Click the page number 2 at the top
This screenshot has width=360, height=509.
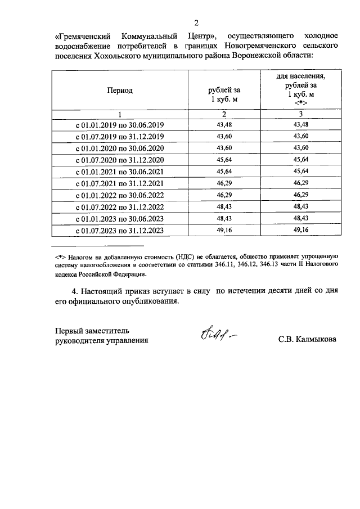pos(196,23)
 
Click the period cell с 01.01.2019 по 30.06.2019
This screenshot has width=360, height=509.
pos(119,125)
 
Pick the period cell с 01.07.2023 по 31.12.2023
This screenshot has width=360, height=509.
pos(119,231)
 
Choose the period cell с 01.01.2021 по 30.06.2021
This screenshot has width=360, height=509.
pos(119,172)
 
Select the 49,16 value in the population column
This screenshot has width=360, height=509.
pos(301,231)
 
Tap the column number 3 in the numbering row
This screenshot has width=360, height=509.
pos(301,114)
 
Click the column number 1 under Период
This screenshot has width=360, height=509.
pos(120,114)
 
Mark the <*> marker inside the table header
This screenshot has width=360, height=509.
pos(301,103)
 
